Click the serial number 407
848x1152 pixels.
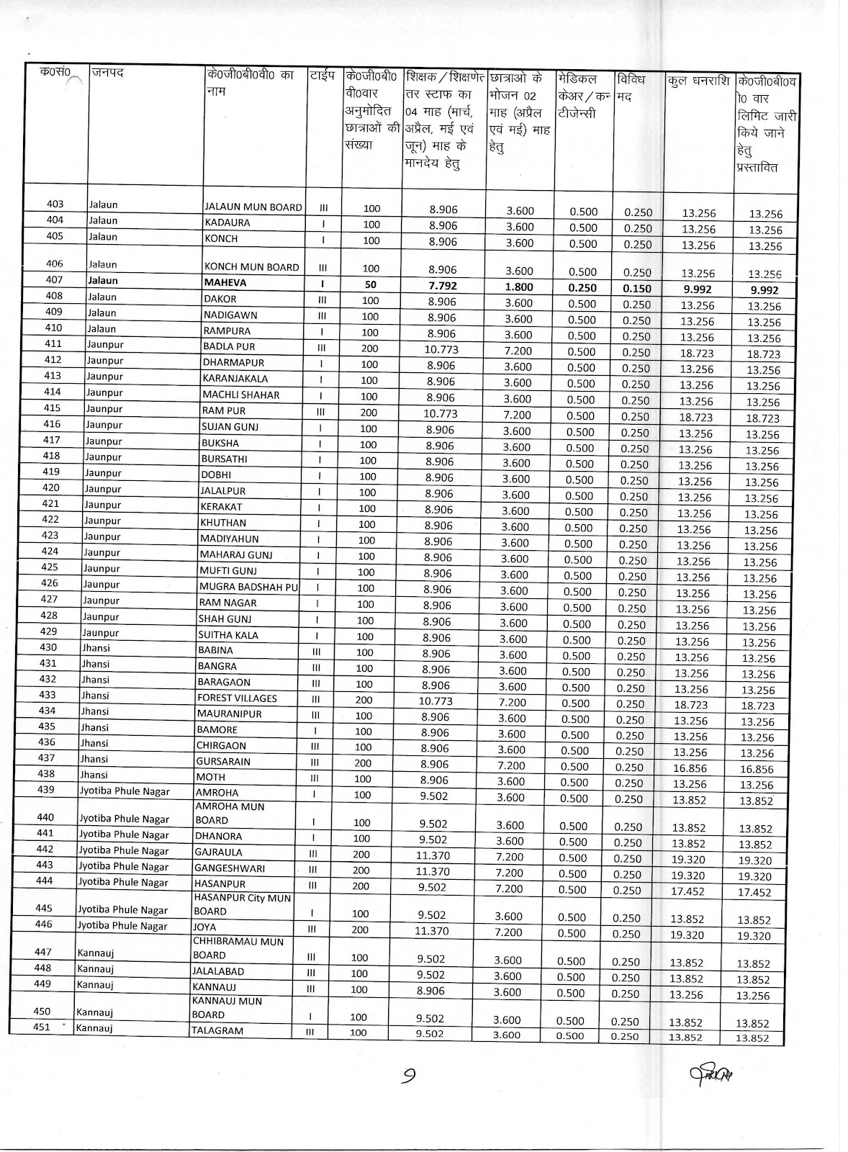[x=55, y=280]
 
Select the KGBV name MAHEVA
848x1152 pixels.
[x=225, y=283]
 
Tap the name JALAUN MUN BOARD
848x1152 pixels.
[x=253, y=207]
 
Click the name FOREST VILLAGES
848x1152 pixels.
[x=237, y=698]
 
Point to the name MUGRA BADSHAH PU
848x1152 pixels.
[x=248, y=587]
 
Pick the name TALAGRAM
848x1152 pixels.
[x=218, y=1030]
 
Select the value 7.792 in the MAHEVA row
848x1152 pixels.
[x=442, y=287]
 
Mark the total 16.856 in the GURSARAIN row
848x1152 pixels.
[x=690, y=768]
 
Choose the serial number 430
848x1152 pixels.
[x=48, y=647]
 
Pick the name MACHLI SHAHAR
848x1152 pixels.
[x=240, y=395]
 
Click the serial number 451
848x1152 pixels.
[x=42, y=1027]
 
